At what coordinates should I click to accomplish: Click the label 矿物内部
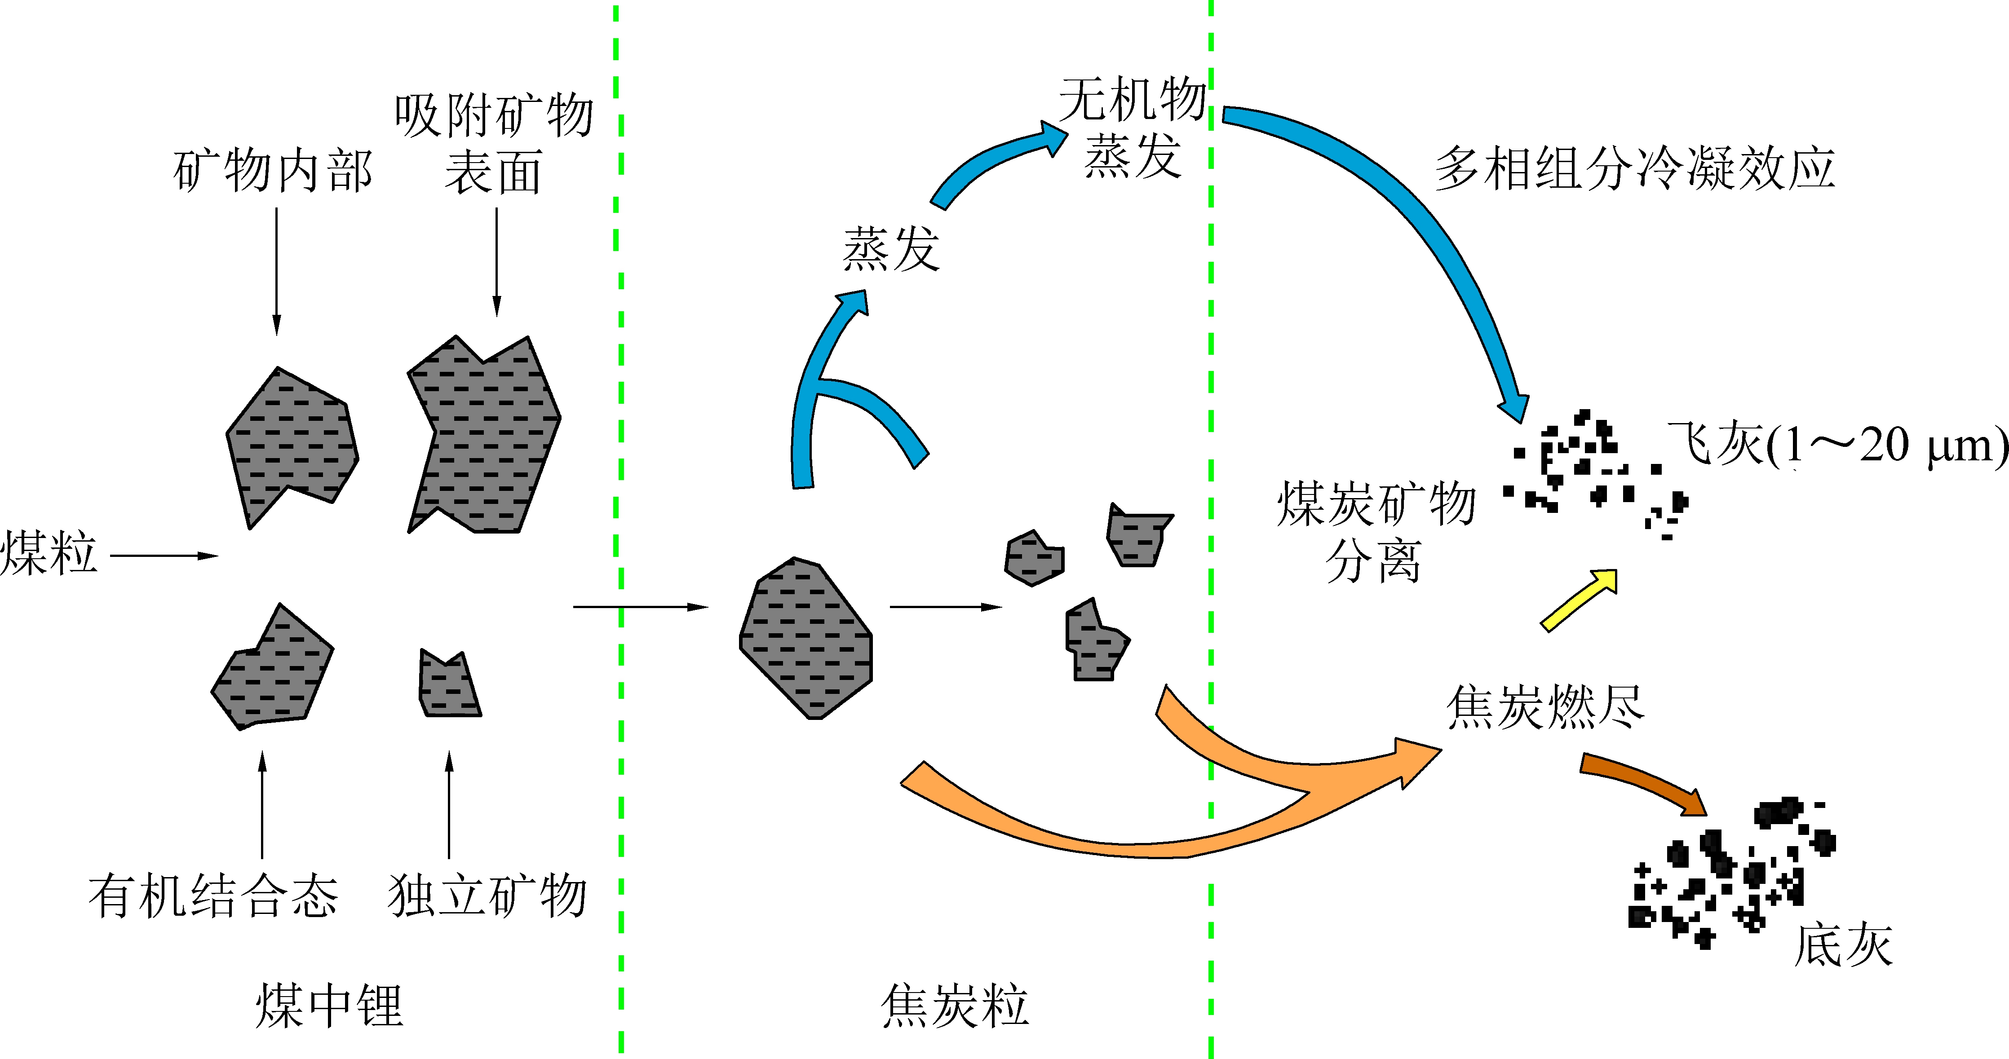(x=273, y=172)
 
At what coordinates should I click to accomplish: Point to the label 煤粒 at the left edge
(x=49, y=554)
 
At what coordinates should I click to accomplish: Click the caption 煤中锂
(x=329, y=1006)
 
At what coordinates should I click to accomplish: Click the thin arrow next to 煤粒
(x=164, y=556)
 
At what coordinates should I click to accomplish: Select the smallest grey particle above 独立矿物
(x=448, y=685)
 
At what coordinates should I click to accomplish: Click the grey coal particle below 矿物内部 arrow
(x=290, y=445)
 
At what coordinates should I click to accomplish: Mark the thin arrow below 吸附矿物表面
(x=496, y=261)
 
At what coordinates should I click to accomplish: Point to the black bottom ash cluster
(x=1731, y=874)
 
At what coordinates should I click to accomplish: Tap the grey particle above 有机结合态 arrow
(x=273, y=671)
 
